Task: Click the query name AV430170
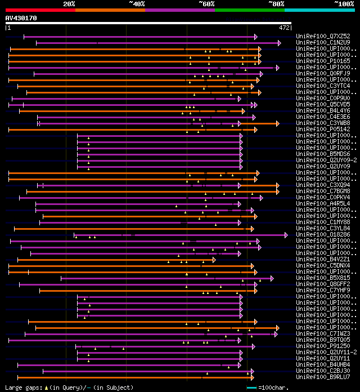21,18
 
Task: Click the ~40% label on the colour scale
137,3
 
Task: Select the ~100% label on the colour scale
344,3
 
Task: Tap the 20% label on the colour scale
69,3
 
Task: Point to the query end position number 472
285,27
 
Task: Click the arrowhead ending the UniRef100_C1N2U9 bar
279,43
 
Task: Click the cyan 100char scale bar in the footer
251,387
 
